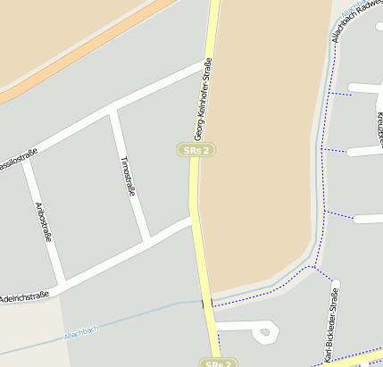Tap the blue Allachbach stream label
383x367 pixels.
(80, 332)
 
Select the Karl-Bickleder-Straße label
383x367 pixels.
(331, 326)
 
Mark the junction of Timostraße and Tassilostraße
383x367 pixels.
(114, 111)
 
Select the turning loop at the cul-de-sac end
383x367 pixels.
(263, 333)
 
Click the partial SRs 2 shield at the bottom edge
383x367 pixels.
(219, 363)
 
